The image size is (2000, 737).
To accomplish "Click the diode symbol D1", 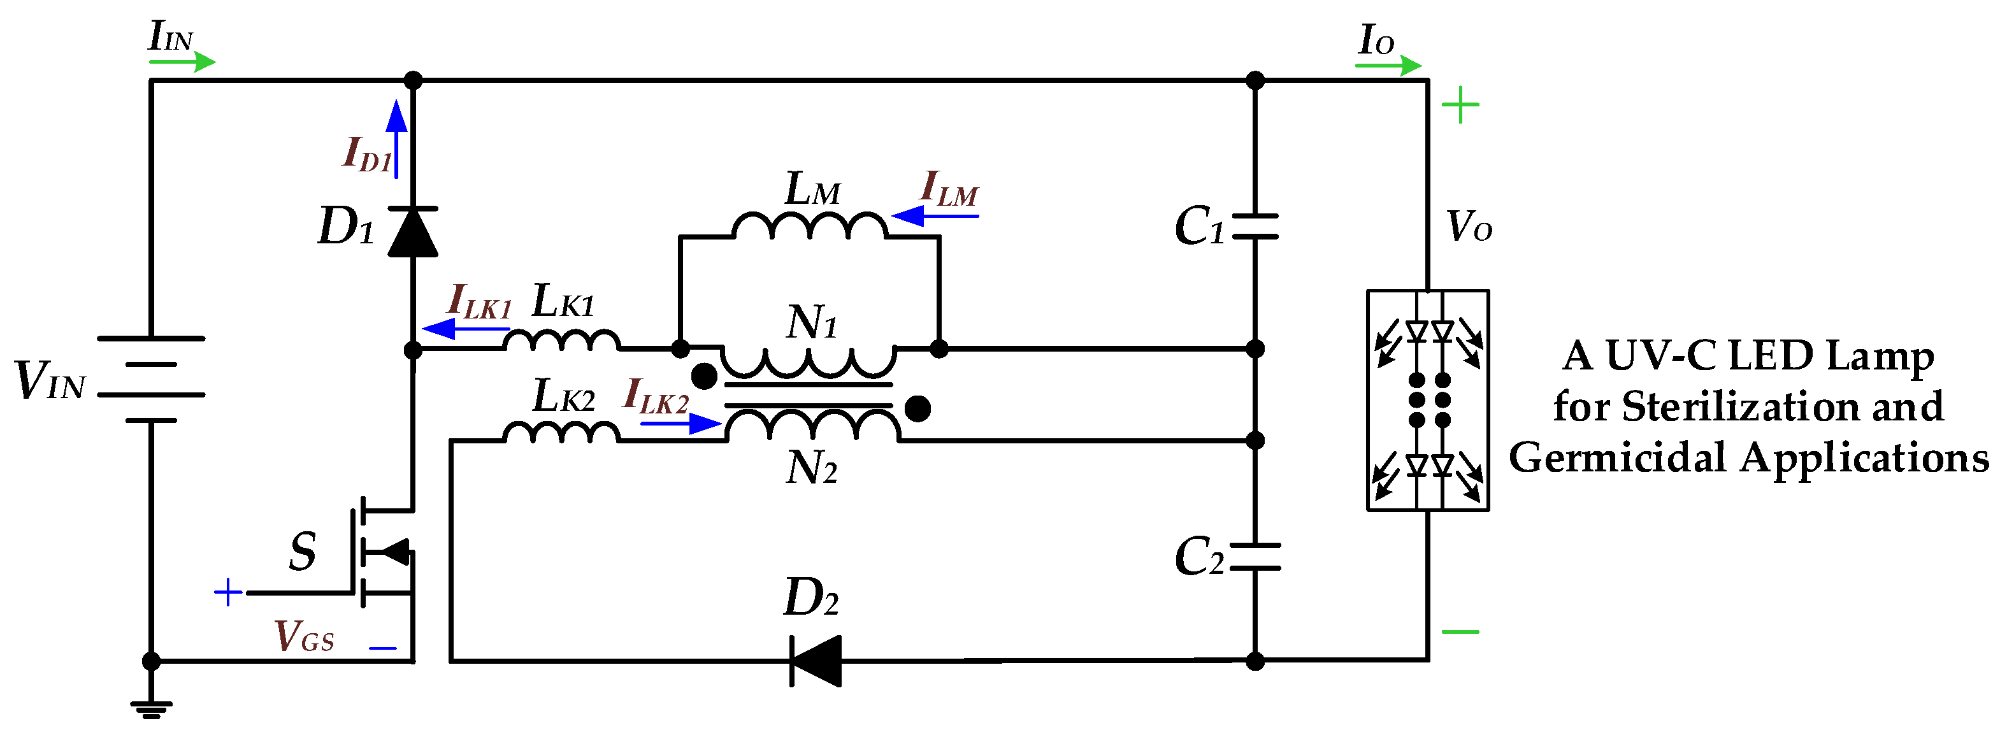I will pos(412,231).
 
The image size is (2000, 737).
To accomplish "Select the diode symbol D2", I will pos(815,661).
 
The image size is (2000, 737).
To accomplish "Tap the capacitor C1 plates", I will pos(1255,226).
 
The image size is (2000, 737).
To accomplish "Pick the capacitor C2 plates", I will pos(1255,557).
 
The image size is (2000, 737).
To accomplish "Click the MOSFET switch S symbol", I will pos(380,552).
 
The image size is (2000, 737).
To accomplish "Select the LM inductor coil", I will pos(809,226).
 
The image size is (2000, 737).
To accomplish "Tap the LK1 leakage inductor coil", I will pos(561,341).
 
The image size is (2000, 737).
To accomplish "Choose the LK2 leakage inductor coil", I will pos(561,432).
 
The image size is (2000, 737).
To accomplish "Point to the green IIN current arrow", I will pos(182,61).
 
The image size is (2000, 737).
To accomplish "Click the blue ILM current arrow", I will pos(935,215).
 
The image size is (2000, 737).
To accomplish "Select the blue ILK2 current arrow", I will pos(681,423).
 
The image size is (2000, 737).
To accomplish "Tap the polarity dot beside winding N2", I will pos(917,408).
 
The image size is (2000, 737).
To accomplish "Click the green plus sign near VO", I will pos(1460,106).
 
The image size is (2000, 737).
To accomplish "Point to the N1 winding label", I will pos(811,322).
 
